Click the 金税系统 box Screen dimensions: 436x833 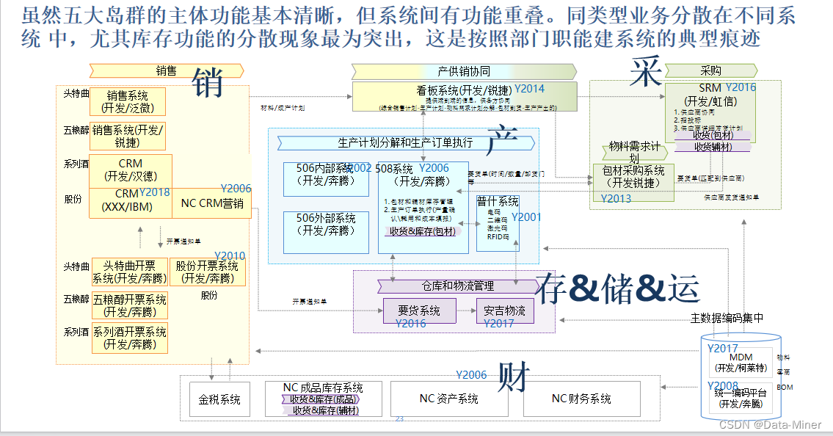pos(219,400)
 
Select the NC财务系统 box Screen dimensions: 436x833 pos(581,399)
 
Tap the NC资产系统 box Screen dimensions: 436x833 pos(448,399)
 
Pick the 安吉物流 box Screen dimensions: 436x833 pos(504,311)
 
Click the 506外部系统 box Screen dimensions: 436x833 pos(326,225)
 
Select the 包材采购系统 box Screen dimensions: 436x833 pos(633,178)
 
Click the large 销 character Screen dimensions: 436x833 pos(208,83)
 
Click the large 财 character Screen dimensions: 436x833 pos(515,377)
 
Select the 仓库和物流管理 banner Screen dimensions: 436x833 pos(457,286)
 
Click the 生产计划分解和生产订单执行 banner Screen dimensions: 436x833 pos(405,142)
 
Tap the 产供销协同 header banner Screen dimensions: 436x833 pos(463,71)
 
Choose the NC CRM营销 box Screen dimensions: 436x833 pos(212,203)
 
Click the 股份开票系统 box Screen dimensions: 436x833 pos(208,272)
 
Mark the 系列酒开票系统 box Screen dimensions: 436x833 pos(129,338)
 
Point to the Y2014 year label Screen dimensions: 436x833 pos(529,89)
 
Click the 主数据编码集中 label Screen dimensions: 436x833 pos(727,318)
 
